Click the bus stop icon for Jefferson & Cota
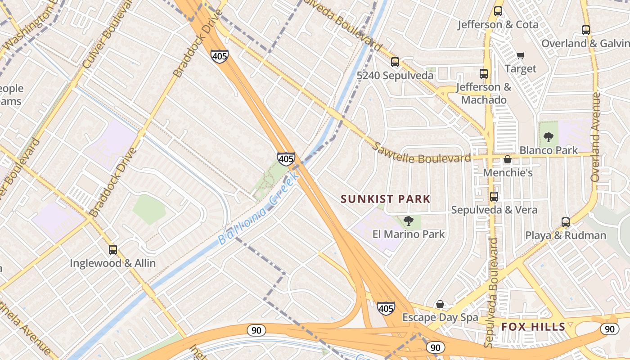[x=498, y=12]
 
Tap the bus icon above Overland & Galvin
[x=585, y=30]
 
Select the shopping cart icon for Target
[x=521, y=55]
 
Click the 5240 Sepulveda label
[x=395, y=75]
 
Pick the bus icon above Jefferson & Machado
[x=484, y=74]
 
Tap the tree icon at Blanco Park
[x=548, y=137]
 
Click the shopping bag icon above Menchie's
[x=508, y=160]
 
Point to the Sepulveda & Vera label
[x=494, y=210]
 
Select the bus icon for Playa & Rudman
[x=566, y=222]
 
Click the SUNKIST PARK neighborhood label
[x=386, y=199]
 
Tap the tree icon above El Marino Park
[x=408, y=221]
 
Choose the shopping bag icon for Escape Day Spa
[x=440, y=305]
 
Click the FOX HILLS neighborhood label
[x=533, y=327]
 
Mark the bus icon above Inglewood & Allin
[x=113, y=250]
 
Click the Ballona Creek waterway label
[x=259, y=211]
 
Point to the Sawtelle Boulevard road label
[x=422, y=153]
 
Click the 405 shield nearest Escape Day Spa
[x=386, y=308]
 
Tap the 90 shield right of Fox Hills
[x=610, y=329]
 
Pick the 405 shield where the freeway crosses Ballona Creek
[x=286, y=158]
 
